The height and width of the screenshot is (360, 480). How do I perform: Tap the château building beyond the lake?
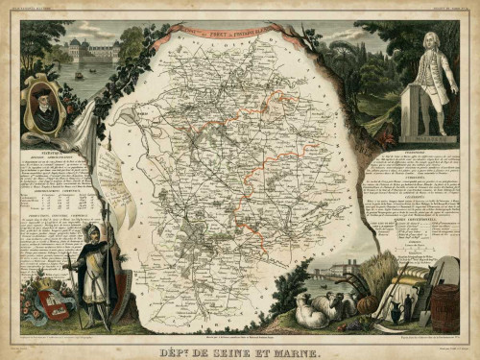[x=92, y=50]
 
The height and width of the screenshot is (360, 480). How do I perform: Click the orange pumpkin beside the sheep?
[x=364, y=303]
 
